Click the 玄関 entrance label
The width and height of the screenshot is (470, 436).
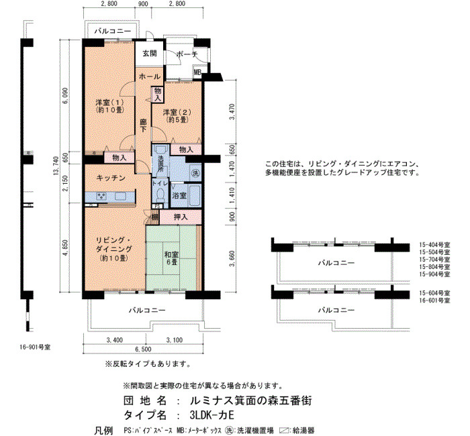(149, 54)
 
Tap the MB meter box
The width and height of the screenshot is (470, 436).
(197, 72)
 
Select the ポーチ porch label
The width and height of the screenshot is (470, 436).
(187, 54)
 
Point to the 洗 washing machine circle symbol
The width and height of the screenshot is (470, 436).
(195, 173)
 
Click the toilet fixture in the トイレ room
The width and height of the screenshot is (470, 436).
(161, 195)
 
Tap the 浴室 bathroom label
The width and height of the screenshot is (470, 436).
(179, 196)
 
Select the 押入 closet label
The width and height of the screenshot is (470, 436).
(181, 217)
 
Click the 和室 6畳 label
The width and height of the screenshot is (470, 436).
(171, 258)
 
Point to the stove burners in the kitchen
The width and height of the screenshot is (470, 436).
(101, 196)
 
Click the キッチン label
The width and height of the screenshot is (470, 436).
(111, 178)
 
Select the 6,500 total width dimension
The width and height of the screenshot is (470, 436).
(143, 349)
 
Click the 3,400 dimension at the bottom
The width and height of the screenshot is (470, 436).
(115, 340)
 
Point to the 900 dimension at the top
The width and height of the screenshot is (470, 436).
(142, 3)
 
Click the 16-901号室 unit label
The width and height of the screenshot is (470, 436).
(35, 347)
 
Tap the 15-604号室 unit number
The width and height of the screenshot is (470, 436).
(434, 293)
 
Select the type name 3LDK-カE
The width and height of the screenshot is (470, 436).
(212, 415)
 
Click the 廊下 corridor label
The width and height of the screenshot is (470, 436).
(143, 126)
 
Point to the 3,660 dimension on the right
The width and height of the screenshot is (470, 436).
(232, 258)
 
